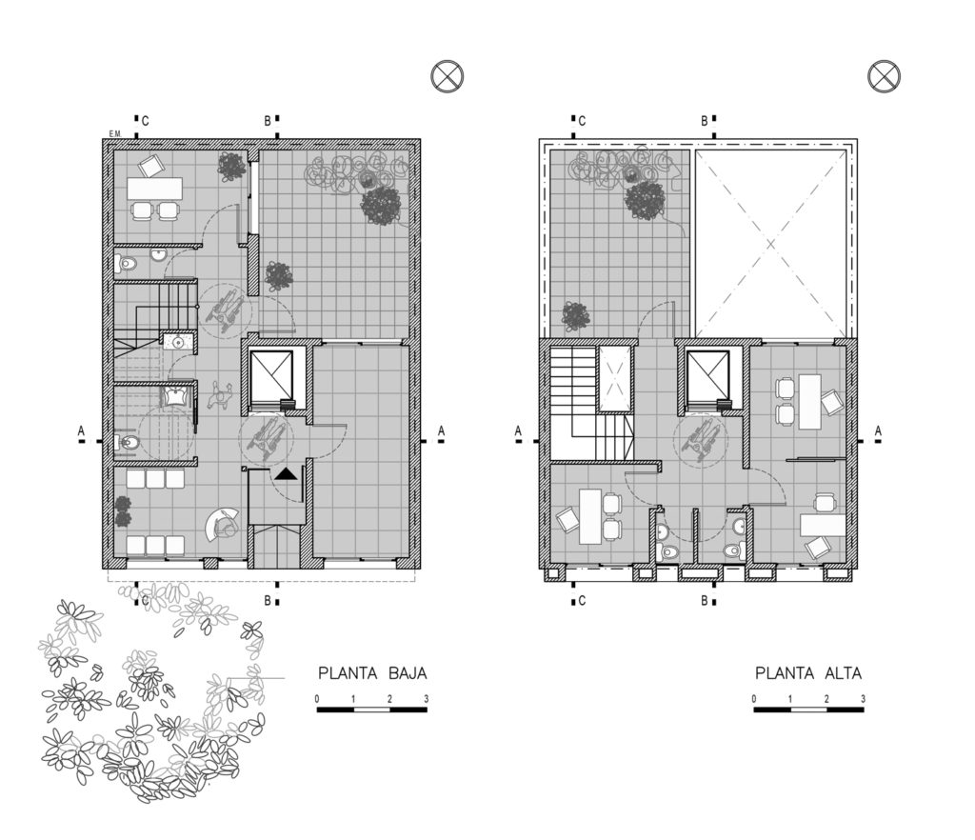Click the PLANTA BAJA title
[372, 672]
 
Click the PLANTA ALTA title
[808, 672]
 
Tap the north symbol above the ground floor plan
[448, 77]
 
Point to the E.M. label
[114, 133]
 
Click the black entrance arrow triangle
[286, 473]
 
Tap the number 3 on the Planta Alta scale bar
[863, 699]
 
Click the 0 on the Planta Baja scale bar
[317, 699]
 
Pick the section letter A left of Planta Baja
[81, 430]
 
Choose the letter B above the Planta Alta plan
[705, 121]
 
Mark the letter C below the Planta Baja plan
[145, 601]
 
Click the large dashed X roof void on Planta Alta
[771, 244]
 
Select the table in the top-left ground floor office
[155, 189]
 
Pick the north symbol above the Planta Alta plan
[884, 77]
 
